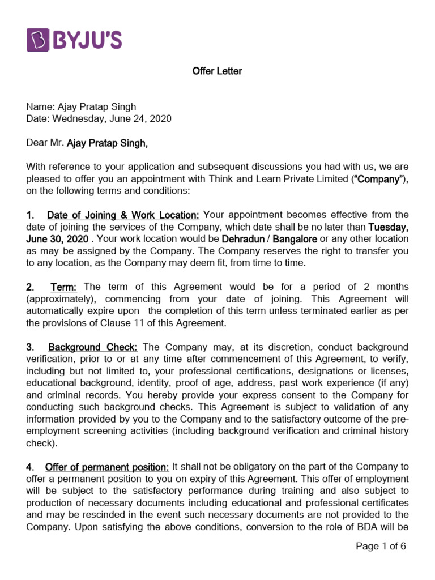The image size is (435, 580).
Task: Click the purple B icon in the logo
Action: point(40,41)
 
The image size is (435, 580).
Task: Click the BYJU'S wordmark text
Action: point(88,41)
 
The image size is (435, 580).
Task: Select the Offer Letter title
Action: point(217,71)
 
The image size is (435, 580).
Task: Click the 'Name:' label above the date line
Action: point(40,106)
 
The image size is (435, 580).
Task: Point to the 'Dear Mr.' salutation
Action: point(45,143)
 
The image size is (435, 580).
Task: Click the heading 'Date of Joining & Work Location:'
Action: point(123,215)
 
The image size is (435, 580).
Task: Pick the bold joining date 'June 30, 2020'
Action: point(57,239)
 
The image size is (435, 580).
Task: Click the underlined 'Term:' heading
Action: point(64,287)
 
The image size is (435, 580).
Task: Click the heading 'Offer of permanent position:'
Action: point(107,467)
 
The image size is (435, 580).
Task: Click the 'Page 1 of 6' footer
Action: point(381,546)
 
